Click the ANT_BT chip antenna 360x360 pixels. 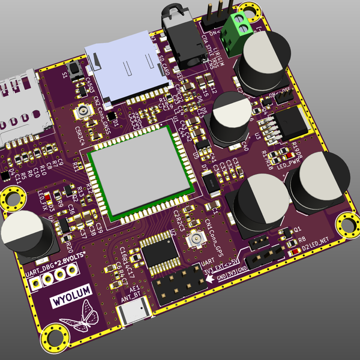pyautogui.click(x=132, y=314)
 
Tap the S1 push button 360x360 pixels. pyautogui.click(x=76, y=71)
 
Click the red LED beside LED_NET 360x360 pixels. pyautogui.click(x=292, y=251)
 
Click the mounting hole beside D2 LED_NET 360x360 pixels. pyautogui.click(x=346, y=226)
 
